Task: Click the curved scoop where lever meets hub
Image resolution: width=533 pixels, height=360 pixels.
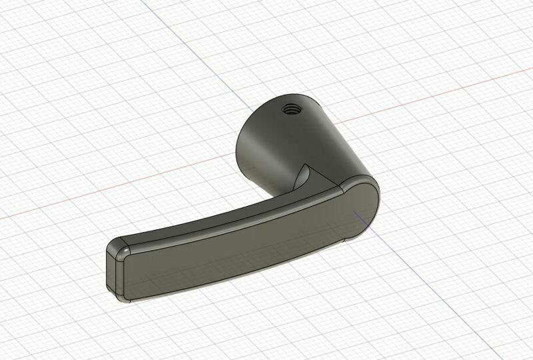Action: (x=303, y=175)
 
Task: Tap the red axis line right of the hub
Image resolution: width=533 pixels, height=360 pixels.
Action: (x=433, y=93)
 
